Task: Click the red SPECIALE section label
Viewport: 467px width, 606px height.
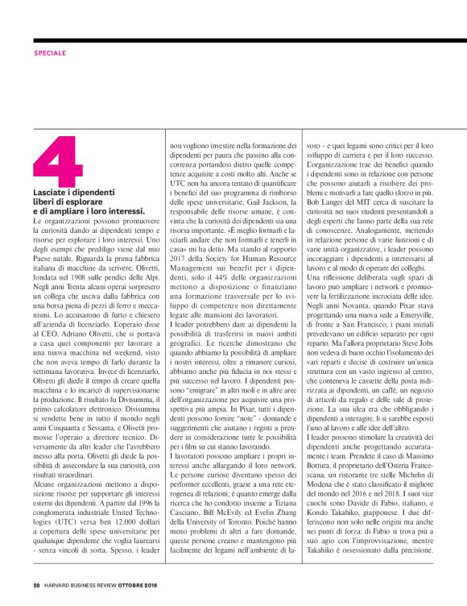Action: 50,52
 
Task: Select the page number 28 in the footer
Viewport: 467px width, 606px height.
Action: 36,584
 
